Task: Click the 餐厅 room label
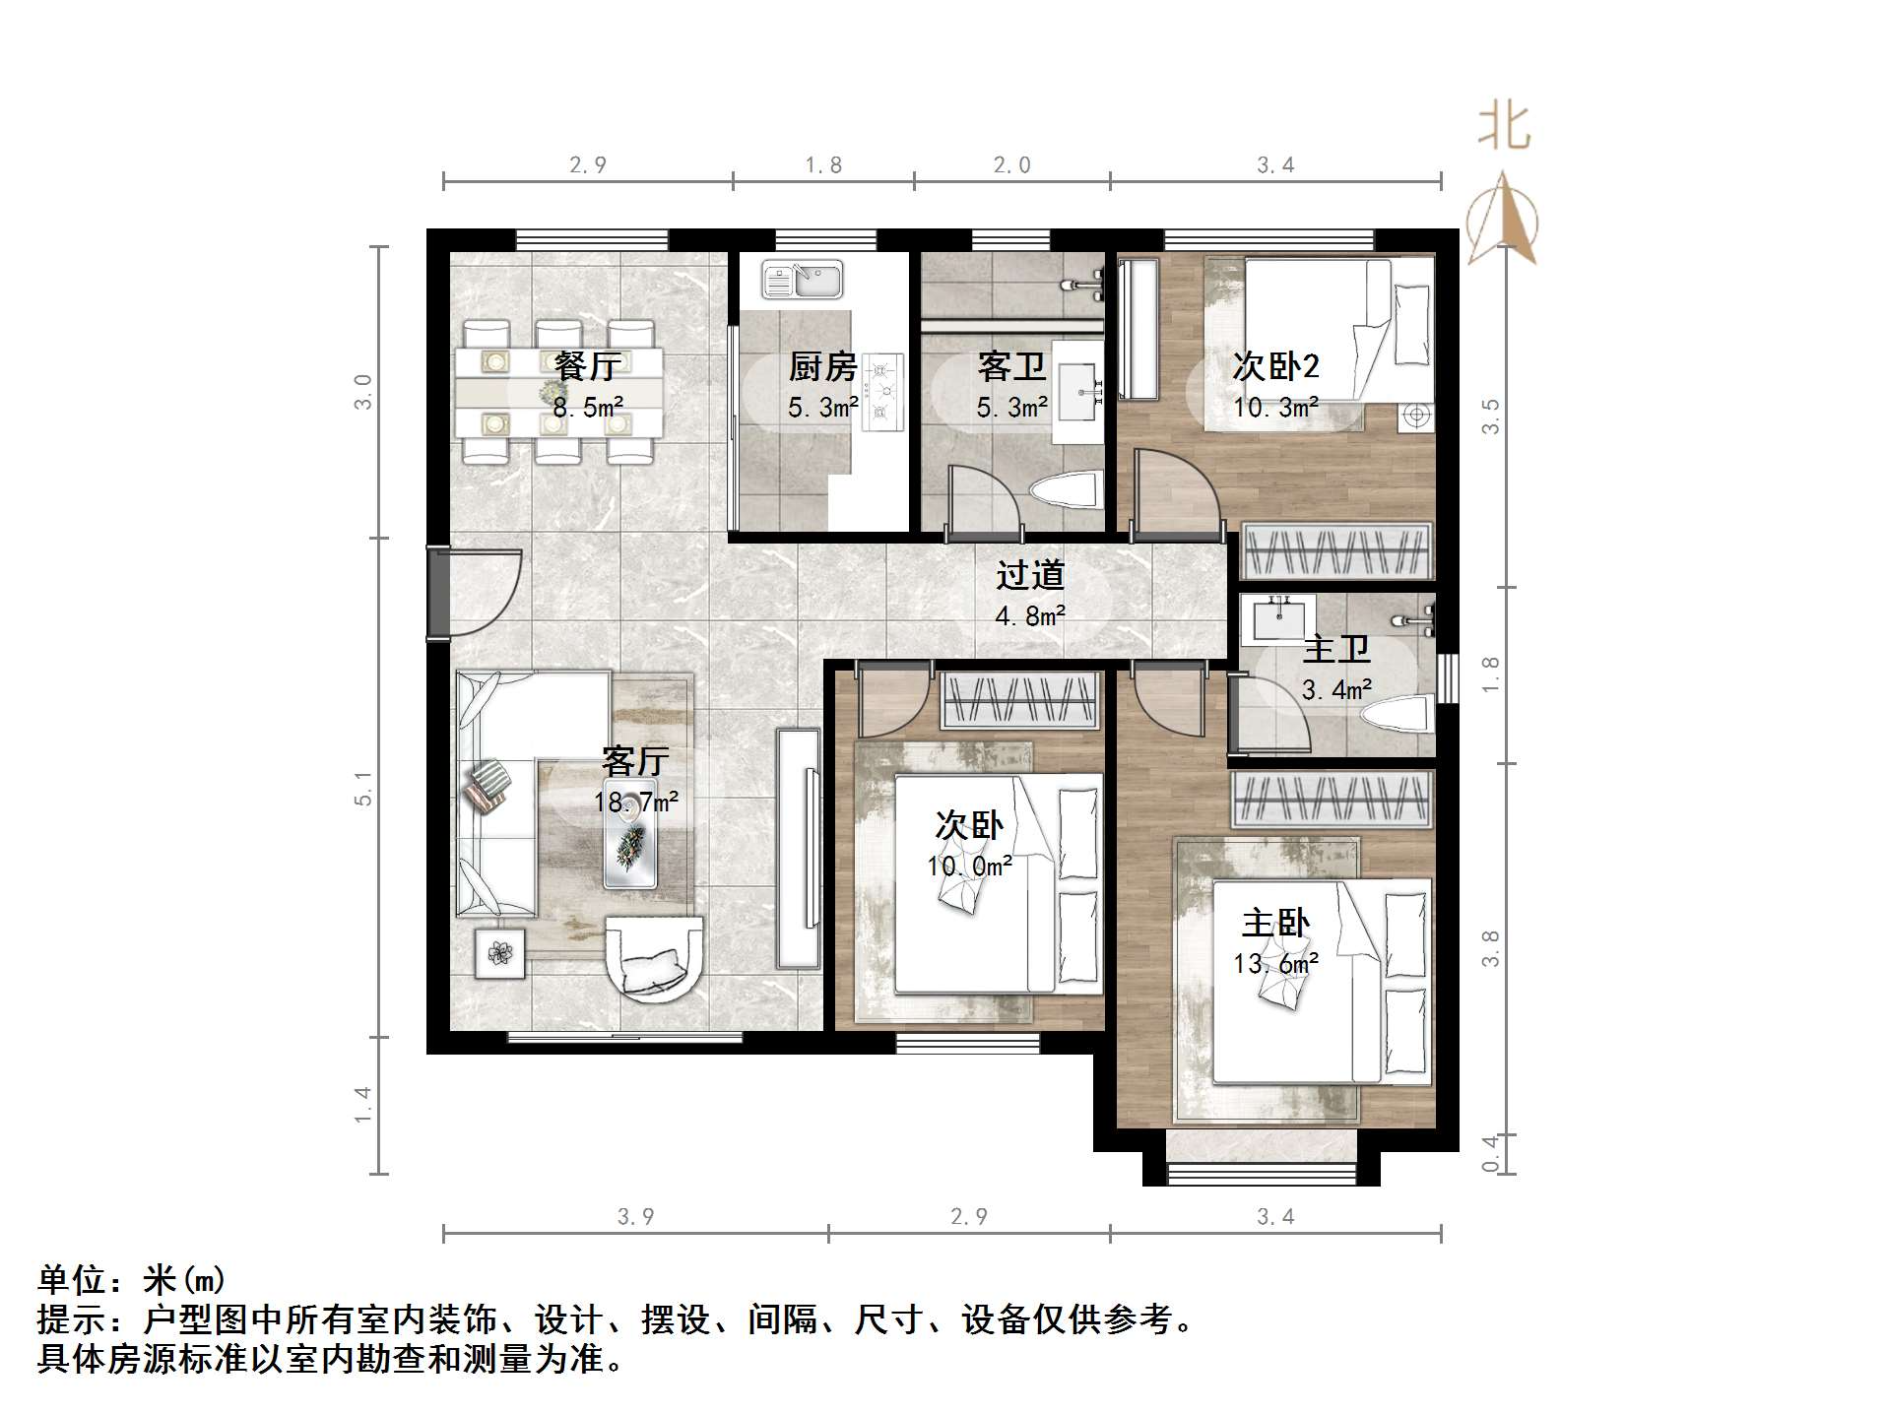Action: (587, 366)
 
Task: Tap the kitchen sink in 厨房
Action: (803, 280)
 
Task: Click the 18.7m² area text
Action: (636, 803)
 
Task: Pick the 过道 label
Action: (1030, 575)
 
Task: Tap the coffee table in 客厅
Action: (630, 843)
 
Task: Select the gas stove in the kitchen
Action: (882, 392)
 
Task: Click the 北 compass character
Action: (1503, 128)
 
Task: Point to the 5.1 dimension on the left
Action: (364, 789)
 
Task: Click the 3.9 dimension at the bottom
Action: (635, 1217)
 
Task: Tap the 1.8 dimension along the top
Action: (823, 165)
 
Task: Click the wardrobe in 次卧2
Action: (1335, 549)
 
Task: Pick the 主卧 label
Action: (1275, 924)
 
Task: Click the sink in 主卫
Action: (1279, 618)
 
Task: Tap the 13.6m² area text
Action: (1276, 964)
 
